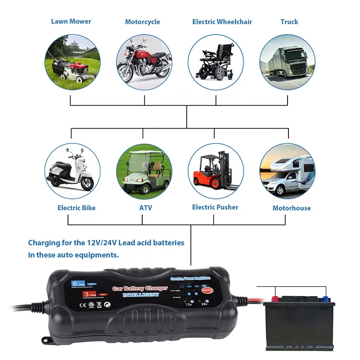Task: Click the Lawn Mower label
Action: coord(71,21)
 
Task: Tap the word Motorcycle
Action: coord(142,22)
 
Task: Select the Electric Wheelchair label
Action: coord(222,22)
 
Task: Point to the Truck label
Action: coord(289,22)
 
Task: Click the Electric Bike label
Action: coord(76,208)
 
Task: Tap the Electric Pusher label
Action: coord(215,207)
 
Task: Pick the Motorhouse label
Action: coord(292,208)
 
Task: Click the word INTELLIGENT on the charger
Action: coord(141,294)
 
